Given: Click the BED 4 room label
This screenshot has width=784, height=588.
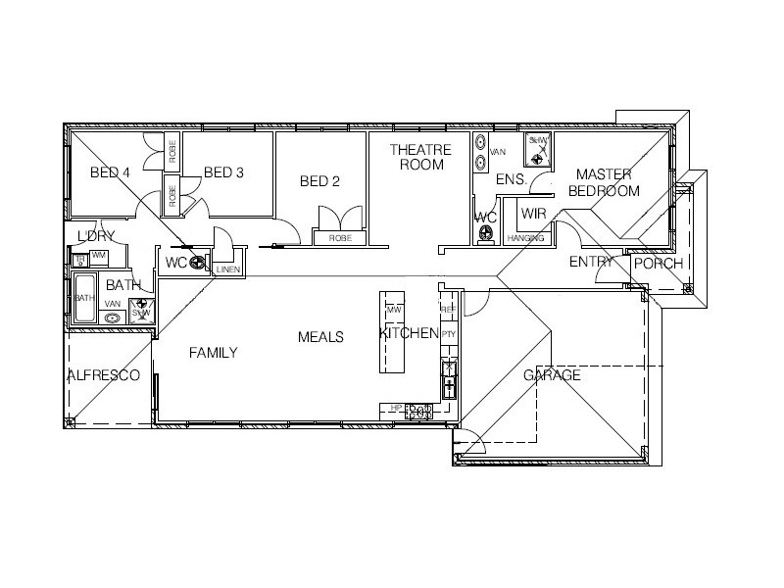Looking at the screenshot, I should (110, 173).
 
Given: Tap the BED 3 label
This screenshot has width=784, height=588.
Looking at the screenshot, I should (223, 173).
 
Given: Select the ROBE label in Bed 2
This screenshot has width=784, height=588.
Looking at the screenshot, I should (340, 238).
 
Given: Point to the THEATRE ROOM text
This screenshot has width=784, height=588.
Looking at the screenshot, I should (420, 157).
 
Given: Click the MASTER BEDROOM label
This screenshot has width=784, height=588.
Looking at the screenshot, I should (604, 182).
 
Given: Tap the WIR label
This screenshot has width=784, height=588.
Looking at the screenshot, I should (533, 213).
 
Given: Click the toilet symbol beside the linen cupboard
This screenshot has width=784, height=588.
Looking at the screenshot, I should (197, 263).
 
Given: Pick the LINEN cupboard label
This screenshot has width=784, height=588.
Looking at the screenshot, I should (228, 269).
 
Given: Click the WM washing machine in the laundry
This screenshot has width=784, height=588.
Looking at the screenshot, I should (98, 256).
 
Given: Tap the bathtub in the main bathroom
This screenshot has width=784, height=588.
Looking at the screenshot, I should (84, 298).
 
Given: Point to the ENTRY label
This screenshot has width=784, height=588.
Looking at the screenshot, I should (591, 262).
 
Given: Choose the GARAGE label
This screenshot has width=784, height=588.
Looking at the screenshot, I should (552, 375).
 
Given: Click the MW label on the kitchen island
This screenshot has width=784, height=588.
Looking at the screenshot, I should (394, 311).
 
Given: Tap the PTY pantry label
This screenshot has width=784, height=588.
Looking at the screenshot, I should (449, 334).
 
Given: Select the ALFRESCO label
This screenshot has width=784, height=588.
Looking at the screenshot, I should (103, 375).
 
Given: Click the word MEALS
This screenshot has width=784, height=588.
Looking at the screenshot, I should (320, 337).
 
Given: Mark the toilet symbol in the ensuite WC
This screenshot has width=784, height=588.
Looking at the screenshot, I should (487, 233).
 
